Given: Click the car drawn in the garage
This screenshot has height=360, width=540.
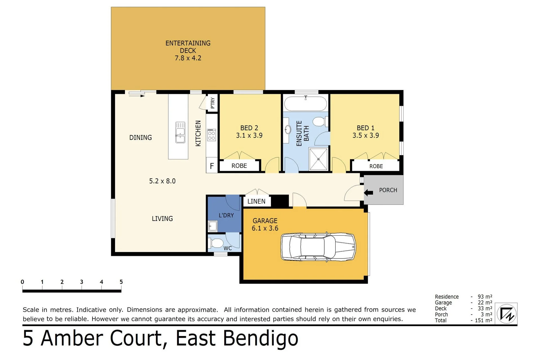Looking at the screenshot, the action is point(318,247).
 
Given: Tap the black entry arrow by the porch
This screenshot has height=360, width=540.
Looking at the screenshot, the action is point(368,193).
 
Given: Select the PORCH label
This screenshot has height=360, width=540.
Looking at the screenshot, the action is point(388,190).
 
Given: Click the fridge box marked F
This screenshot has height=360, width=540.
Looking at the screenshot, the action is point(212,165).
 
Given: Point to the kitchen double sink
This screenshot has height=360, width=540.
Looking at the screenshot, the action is point(180,132).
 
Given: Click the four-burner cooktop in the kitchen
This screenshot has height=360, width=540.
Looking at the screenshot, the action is point(211,135).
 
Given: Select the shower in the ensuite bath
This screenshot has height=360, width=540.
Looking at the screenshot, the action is point(318,159).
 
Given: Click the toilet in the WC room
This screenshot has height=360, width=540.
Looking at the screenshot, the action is point(215,243).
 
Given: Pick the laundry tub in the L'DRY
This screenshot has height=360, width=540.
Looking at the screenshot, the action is point(213,226).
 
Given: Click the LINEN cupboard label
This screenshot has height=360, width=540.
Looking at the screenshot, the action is point(256,201).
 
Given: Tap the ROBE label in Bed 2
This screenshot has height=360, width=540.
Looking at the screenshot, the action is point(239,166).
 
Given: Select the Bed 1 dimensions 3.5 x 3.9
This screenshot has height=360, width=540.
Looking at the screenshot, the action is point(365,135).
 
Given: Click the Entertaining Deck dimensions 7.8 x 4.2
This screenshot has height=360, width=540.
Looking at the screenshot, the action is point(188,58).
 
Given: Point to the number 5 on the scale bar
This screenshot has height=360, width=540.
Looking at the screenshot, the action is point(121,282).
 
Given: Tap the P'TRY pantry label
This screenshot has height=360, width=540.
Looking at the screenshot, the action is point(213,103).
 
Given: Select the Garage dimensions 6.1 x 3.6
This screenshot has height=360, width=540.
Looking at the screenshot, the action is point(265,228).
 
